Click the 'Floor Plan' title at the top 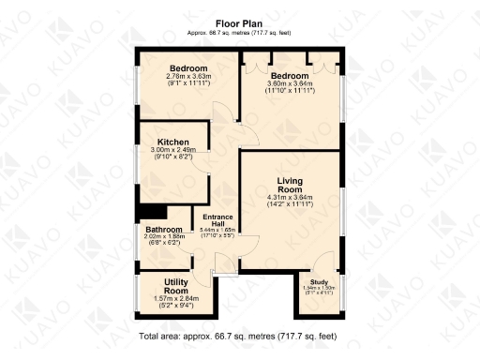click(240, 22)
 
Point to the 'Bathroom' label click(163, 230)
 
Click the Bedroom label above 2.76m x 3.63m click(187, 67)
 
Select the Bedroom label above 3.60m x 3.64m click(289, 75)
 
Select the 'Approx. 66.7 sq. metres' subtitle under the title click(240, 32)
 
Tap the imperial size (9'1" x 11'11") click(187, 82)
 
